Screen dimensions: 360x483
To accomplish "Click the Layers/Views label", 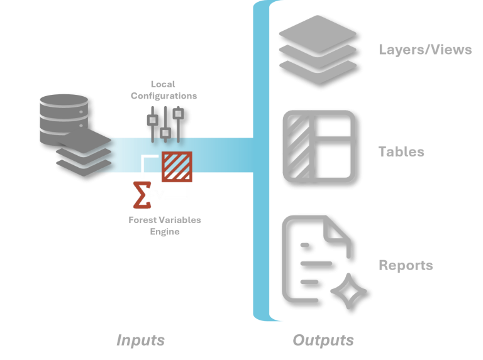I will (x=425, y=50).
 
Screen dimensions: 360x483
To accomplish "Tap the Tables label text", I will (x=401, y=152).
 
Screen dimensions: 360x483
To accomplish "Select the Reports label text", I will (x=406, y=265).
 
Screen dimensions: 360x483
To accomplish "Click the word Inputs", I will (x=140, y=341).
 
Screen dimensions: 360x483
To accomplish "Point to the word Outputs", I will (x=323, y=341).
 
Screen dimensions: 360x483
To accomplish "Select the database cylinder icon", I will (x=64, y=117).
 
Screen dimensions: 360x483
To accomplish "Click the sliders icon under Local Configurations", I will (x=165, y=123).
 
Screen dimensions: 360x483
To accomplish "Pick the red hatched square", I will (x=177, y=166).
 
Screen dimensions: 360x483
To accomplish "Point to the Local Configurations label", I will (x=164, y=90).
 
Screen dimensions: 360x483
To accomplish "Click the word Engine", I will (x=165, y=232).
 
